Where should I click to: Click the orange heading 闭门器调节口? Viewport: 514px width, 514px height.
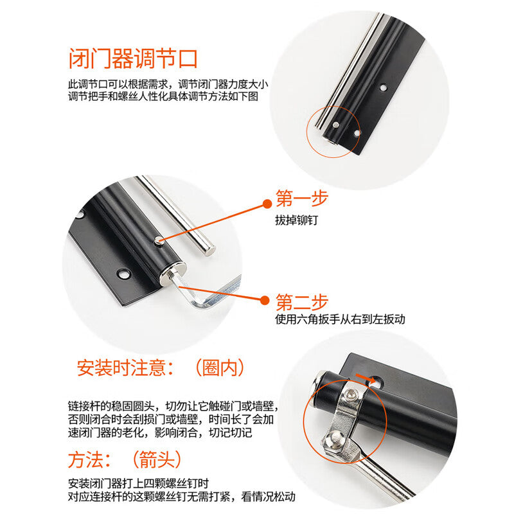click(133, 59)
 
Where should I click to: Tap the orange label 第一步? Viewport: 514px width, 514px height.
click(302, 199)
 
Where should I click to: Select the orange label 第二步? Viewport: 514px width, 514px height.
click(302, 302)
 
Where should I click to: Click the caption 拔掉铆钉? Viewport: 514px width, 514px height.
click(297, 220)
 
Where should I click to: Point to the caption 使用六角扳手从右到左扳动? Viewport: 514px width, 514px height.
click(341, 319)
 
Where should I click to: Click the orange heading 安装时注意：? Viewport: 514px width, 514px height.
click(125, 368)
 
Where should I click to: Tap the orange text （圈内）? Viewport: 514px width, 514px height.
click(220, 368)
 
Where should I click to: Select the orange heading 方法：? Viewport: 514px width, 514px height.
click(90, 459)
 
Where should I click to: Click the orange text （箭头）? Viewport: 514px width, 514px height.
click(157, 459)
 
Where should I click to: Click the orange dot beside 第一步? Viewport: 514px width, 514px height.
click(267, 204)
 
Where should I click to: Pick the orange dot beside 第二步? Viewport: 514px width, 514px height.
click(265, 300)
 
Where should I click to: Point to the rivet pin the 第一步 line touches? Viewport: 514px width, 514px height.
click(158, 240)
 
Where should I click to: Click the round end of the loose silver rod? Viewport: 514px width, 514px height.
click(209, 250)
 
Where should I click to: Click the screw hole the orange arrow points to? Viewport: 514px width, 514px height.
click(377, 382)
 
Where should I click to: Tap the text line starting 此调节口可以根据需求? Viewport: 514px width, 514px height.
click(168, 84)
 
